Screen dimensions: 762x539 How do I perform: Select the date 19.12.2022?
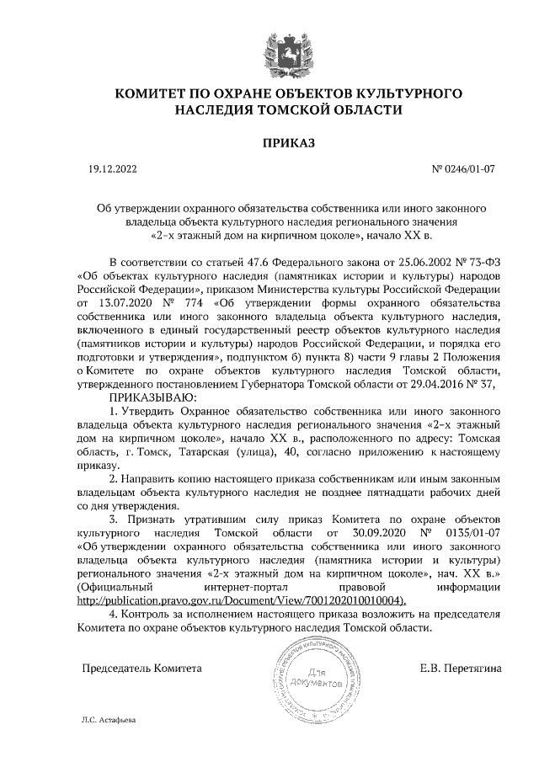112,169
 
